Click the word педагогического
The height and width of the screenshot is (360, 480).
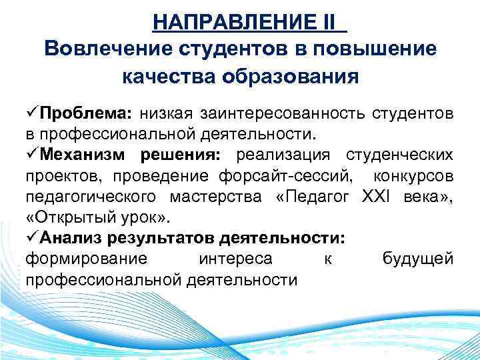(91, 197)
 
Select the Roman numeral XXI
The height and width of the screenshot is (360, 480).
(378, 197)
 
